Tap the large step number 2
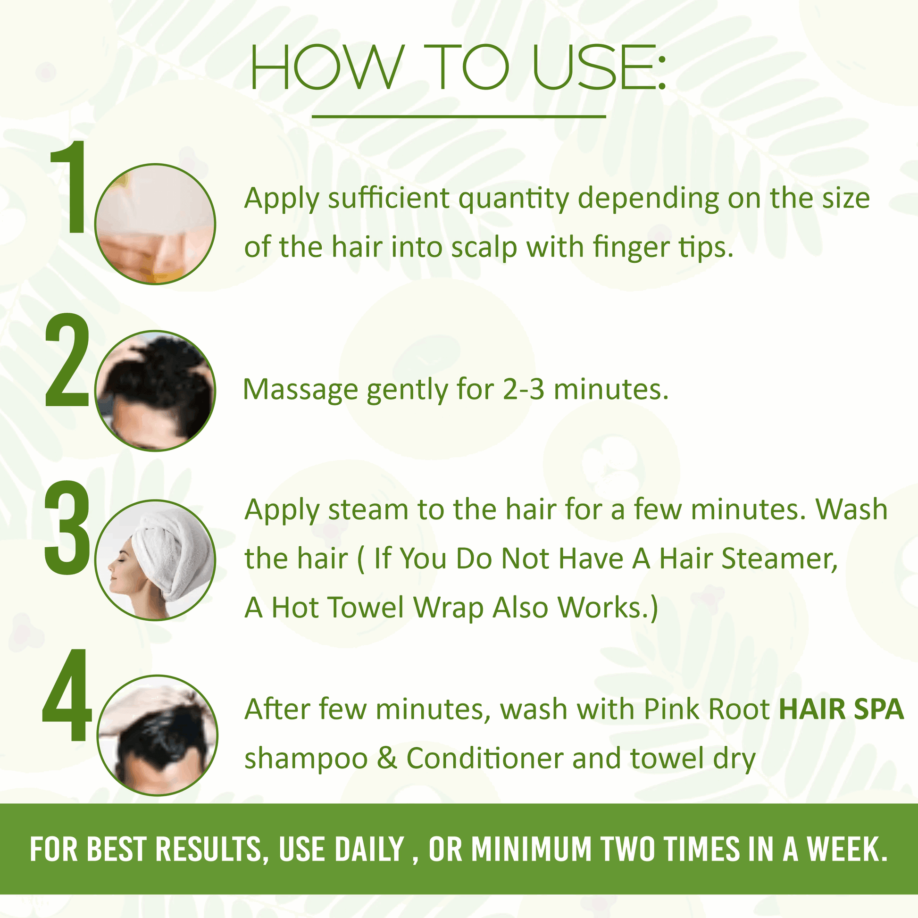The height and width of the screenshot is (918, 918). pyautogui.click(x=67, y=360)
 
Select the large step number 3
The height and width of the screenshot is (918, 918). pyautogui.click(x=67, y=527)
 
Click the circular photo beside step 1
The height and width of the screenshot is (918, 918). pyautogui.click(x=155, y=224)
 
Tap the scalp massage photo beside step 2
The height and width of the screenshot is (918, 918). pyautogui.click(x=155, y=391)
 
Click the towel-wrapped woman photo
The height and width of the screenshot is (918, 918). pyautogui.click(x=155, y=560)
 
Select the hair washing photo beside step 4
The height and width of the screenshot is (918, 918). pyautogui.click(x=158, y=735)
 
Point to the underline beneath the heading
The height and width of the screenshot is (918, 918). pyautogui.click(x=459, y=116)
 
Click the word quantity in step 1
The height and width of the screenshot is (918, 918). pyautogui.click(x=514, y=199)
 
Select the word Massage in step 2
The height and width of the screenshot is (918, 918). pyautogui.click(x=300, y=391)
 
